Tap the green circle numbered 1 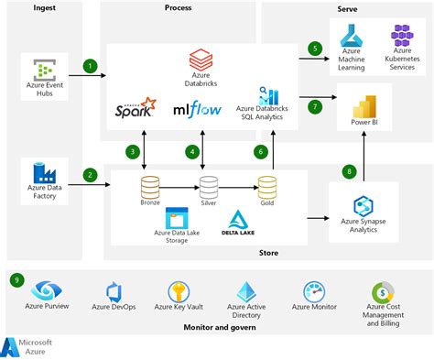90,66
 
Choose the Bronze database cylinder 150,187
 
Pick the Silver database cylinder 209,187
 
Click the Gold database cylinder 267,187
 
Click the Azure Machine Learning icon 353,38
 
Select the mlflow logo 199,110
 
